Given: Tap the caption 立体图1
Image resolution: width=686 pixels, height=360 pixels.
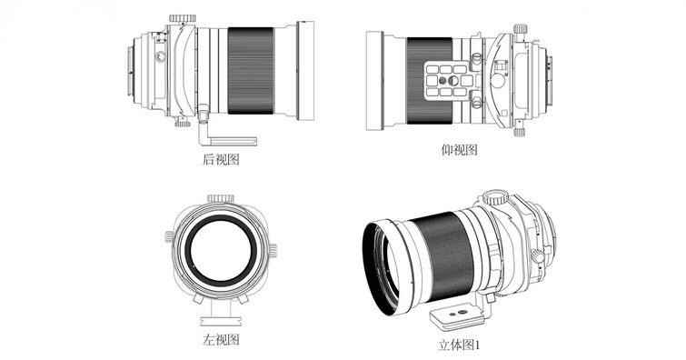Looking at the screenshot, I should pos(461,346).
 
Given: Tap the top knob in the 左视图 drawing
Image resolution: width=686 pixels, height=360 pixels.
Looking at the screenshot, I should pos(221,196).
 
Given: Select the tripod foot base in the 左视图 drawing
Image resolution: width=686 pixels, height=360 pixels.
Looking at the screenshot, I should pos(221,320).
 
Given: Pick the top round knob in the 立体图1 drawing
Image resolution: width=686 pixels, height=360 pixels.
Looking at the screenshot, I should pos(495,196).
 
